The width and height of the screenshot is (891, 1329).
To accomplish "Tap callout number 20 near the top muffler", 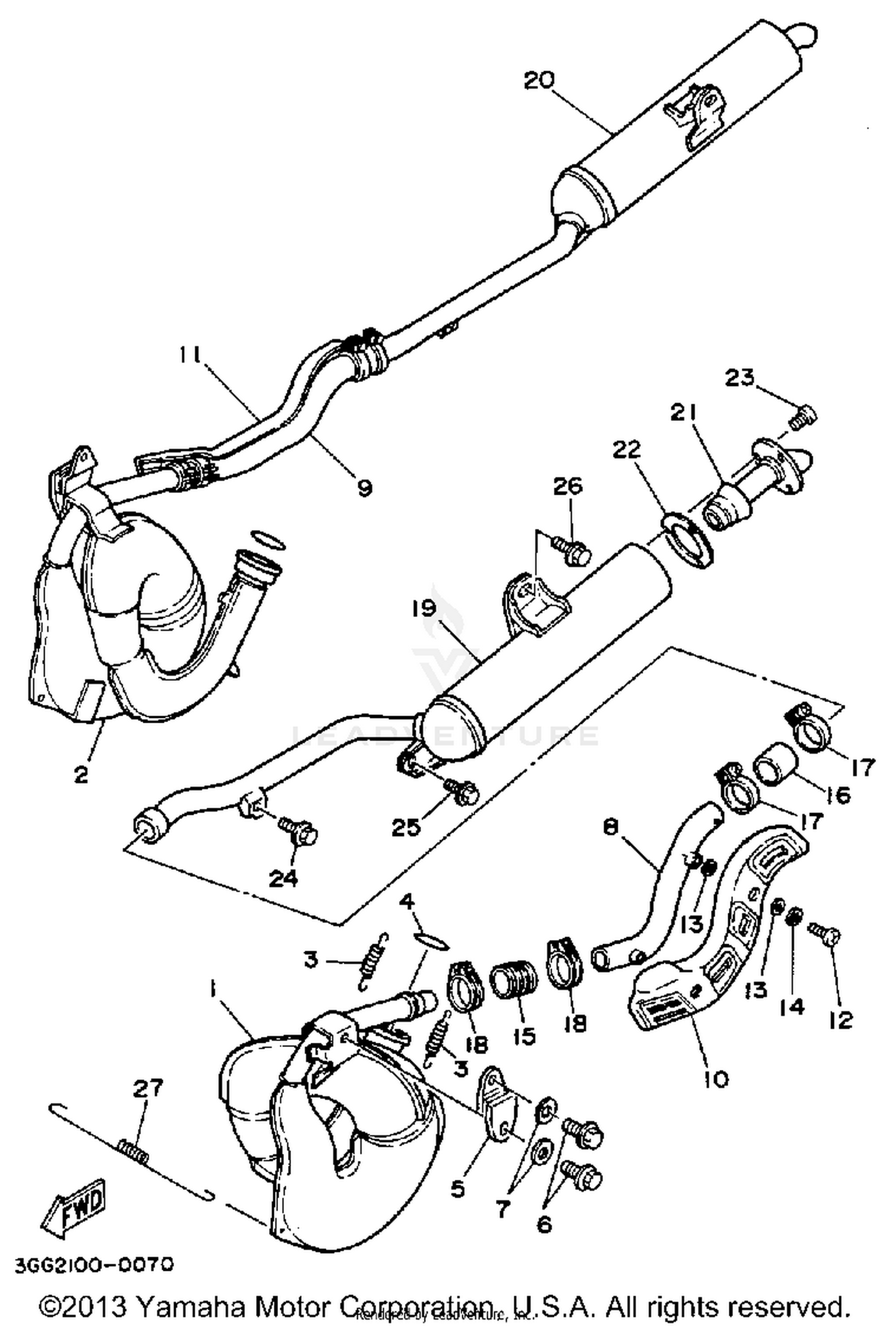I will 539,81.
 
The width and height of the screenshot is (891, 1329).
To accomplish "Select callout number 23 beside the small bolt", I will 740,378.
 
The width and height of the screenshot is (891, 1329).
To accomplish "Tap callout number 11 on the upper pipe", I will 191,356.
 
